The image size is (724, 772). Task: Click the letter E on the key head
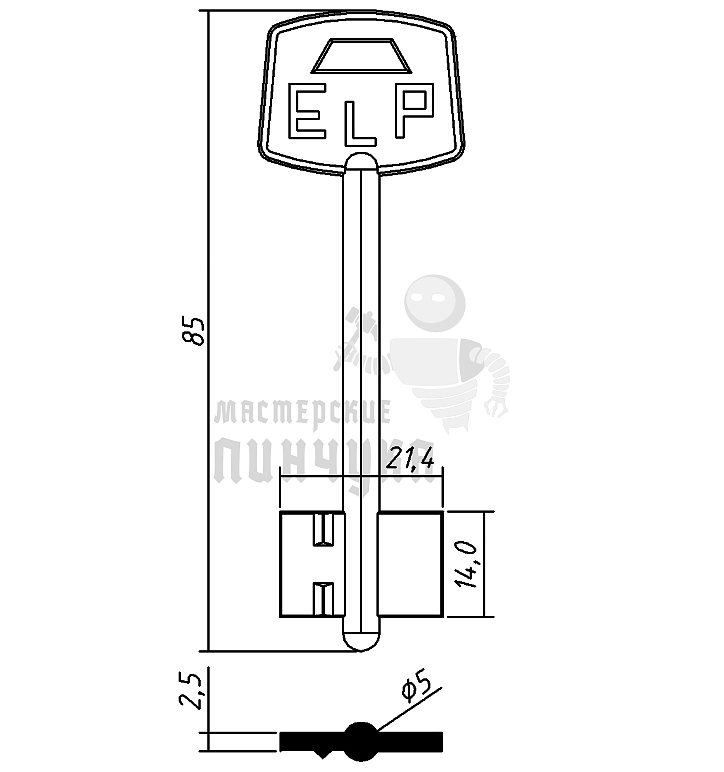point(306,111)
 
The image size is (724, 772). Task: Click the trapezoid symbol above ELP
point(361,56)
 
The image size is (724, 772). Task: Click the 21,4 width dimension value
point(410,459)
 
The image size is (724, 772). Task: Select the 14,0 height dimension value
point(466,564)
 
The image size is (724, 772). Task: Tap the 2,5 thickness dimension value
point(191,690)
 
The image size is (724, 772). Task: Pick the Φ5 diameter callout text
point(417,686)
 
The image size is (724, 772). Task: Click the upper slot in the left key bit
point(324,529)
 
